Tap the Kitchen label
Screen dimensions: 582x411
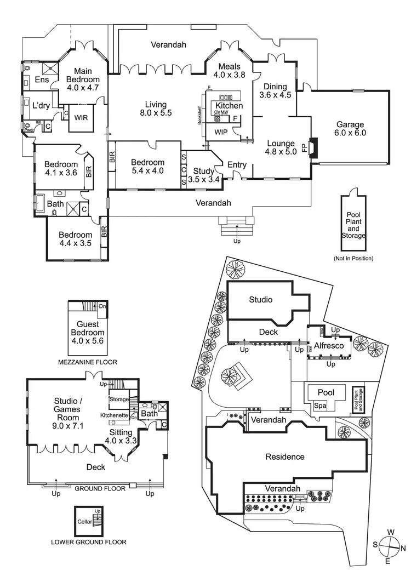(x=225, y=106)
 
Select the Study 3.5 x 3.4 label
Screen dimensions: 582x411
(x=203, y=175)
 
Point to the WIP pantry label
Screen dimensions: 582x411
(x=221, y=132)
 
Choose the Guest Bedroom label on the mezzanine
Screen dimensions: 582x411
(x=87, y=333)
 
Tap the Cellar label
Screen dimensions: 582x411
(x=84, y=522)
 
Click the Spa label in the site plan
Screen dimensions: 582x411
(x=320, y=406)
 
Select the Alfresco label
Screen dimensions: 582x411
(x=328, y=346)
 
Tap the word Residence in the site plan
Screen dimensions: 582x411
(x=284, y=457)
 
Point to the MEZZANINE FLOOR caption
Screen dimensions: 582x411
(x=88, y=362)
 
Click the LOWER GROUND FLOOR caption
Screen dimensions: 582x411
(x=88, y=542)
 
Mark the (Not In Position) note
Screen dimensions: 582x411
(x=353, y=258)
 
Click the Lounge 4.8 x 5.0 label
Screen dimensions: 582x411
(x=280, y=148)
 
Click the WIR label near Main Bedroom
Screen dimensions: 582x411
(x=81, y=117)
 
